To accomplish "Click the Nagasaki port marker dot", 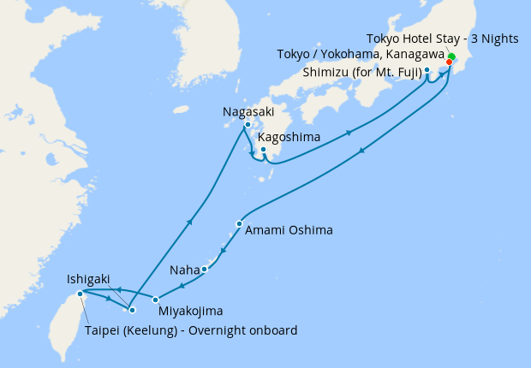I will pos(248,126).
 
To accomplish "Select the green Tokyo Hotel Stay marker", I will pos(451,56).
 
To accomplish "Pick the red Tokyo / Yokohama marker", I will pos(449,62).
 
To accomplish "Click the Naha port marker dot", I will pos(205,270).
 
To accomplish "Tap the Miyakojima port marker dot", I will pos(155,299).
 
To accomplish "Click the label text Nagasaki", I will pos(248,111).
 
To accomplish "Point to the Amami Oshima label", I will pos(289,230).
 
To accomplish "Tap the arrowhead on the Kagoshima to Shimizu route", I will pos(349,133).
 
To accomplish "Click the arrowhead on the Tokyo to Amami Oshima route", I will pos(363,152).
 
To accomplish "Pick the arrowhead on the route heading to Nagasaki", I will pos(190,223).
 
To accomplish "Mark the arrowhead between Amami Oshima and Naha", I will pos(223,252).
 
